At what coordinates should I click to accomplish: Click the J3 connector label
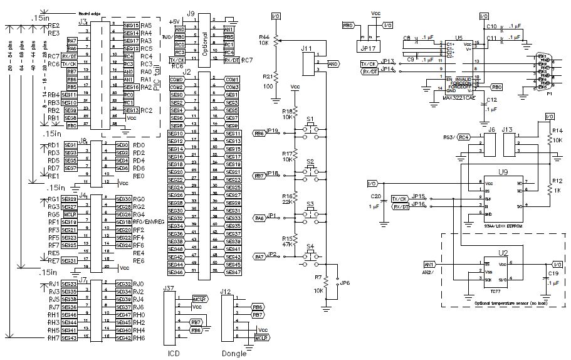(x=82, y=22)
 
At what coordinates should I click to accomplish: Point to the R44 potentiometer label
(x=265, y=38)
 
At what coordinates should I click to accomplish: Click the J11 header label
(x=306, y=48)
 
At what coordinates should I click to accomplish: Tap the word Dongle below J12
(x=229, y=352)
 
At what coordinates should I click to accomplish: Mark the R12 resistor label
(x=557, y=181)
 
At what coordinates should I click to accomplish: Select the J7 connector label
(x=82, y=279)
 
